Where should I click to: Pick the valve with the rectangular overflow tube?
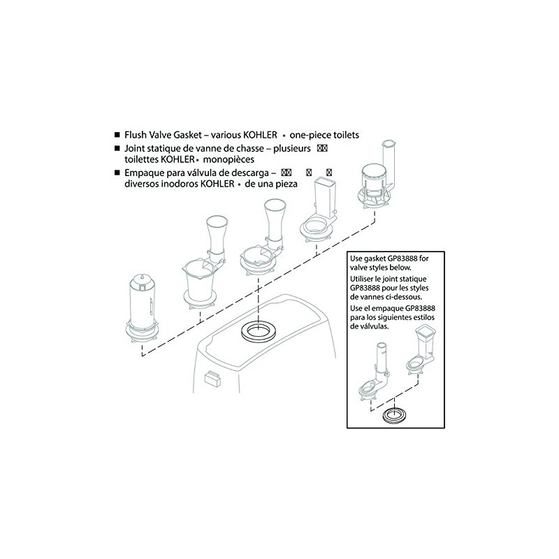tap(322, 210)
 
